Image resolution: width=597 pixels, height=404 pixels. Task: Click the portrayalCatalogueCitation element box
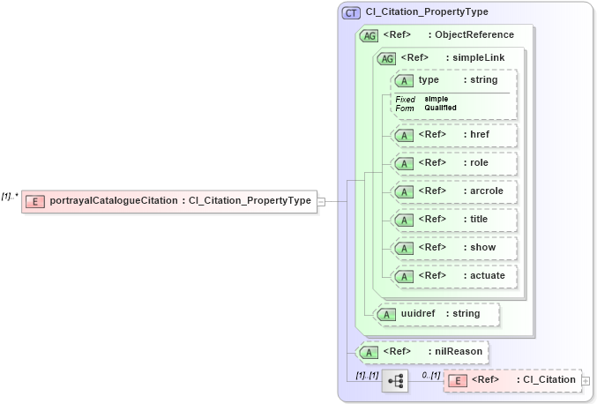point(168,200)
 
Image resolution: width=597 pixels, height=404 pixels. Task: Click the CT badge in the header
point(351,12)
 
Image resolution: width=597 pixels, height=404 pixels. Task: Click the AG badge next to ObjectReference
point(368,35)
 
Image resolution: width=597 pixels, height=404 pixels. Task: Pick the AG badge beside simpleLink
point(386,58)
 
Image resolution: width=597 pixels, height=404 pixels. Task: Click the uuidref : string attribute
point(436,313)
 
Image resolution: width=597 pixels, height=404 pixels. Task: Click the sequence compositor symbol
point(395,381)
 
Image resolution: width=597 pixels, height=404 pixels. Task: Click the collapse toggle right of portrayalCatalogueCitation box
point(321,201)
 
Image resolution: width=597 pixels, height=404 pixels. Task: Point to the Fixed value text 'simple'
point(437,99)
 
